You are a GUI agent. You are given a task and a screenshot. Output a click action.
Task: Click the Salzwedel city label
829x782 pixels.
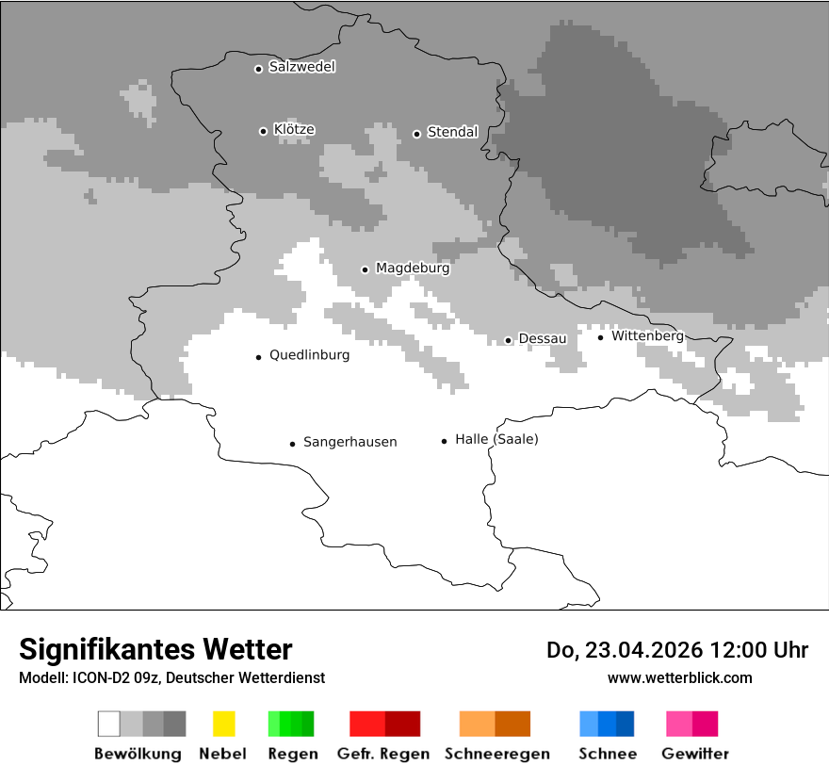(301, 67)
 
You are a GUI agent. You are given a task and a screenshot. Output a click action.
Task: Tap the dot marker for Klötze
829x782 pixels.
(263, 131)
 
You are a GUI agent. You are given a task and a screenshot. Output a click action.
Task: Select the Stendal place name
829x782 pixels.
(452, 132)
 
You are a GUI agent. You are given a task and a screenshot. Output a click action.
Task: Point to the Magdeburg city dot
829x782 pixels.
(365, 269)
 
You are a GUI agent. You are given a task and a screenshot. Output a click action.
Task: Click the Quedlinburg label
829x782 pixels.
(309, 355)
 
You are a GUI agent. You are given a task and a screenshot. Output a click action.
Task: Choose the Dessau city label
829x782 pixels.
(543, 338)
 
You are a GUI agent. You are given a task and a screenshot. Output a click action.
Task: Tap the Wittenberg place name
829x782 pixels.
(647, 335)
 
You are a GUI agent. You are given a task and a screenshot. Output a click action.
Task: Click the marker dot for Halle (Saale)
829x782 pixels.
(444, 440)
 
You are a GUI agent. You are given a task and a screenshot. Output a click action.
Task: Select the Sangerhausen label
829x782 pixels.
(349, 442)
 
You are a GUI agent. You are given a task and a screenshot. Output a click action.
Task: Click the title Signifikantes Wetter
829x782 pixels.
(155, 649)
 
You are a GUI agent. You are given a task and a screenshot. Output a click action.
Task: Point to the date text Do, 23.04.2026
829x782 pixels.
(625, 650)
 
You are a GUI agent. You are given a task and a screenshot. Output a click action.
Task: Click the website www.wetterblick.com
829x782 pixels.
(679, 677)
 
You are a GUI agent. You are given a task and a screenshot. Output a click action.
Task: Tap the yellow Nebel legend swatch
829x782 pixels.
(223, 724)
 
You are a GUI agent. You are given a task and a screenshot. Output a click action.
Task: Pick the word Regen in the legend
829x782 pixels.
(292, 754)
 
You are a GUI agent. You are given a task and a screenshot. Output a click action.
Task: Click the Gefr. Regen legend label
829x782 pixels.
(383, 754)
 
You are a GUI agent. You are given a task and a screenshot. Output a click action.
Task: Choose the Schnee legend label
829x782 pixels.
(607, 754)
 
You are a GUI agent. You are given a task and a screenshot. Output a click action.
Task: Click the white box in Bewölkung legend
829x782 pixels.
(109, 724)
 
